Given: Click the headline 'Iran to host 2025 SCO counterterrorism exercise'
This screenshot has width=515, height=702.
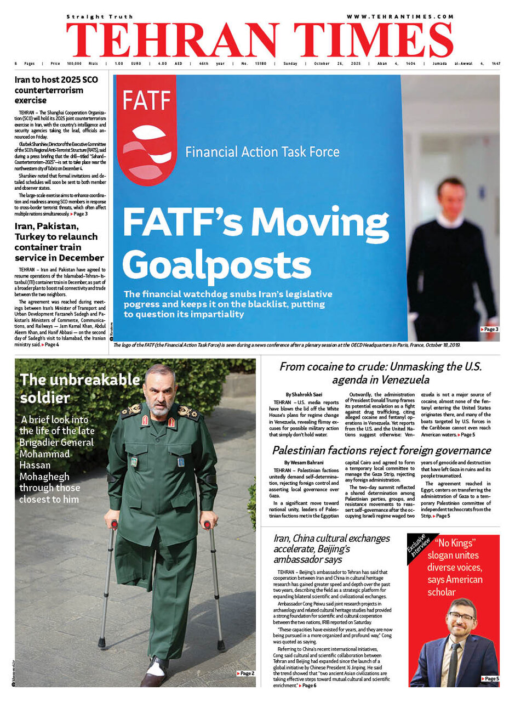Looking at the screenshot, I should tap(56, 90).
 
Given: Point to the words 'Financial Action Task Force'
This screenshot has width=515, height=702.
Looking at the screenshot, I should tap(262, 151).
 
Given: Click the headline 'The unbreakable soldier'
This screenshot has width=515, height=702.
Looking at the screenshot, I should tap(80, 388).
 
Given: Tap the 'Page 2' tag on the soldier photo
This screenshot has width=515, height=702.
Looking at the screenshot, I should tap(245, 673).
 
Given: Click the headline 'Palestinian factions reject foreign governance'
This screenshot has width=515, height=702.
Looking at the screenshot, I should tap(381, 451).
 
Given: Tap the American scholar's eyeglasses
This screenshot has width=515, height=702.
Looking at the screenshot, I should tap(461, 617).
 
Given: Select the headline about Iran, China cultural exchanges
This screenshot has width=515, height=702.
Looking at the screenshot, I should tap(331, 548).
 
